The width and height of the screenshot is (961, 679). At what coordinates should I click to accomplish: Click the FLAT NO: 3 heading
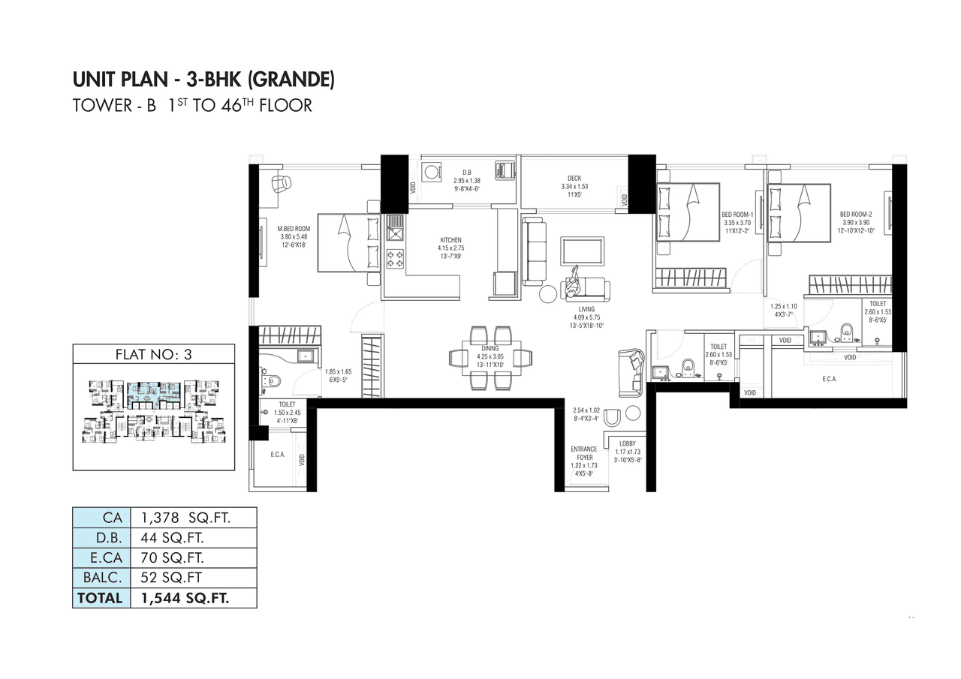(153, 356)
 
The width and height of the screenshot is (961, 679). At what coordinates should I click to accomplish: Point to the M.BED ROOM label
(294, 229)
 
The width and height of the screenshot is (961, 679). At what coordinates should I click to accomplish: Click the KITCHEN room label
(450, 241)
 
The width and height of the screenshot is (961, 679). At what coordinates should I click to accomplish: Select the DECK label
(574, 178)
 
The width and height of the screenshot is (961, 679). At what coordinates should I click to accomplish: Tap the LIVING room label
(586, 309)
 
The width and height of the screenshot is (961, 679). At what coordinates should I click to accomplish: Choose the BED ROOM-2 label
(857, 214)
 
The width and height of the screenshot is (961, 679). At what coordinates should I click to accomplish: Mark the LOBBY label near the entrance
(628, 444)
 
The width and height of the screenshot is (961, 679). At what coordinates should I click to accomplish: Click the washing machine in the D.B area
(432, 172)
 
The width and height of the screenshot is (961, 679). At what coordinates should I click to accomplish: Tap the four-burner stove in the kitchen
(394, 259)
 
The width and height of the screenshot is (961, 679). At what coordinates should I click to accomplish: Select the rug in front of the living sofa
(582, 251)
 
